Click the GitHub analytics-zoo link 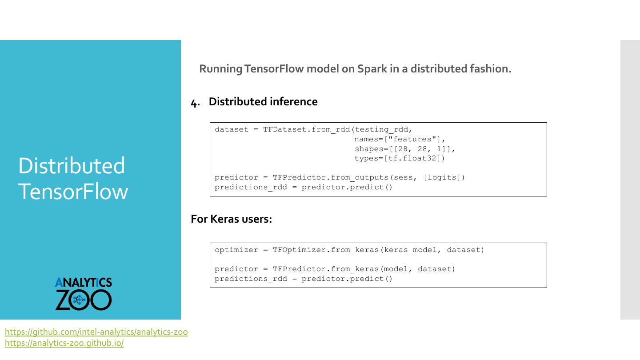pos(96,332)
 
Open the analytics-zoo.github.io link pos(64,343)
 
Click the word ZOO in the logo pos(84,300)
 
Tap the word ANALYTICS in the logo pos(84,283)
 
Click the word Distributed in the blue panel pos(72,166)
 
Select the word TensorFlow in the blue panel pos(73,192)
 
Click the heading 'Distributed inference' pos(263,102)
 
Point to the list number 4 pos(194,103)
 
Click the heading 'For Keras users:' pos(231,219)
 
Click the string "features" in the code pos(413,140)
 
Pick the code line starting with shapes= pos(405,149)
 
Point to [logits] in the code pos(444,178)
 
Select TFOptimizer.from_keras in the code pos(326,250)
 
